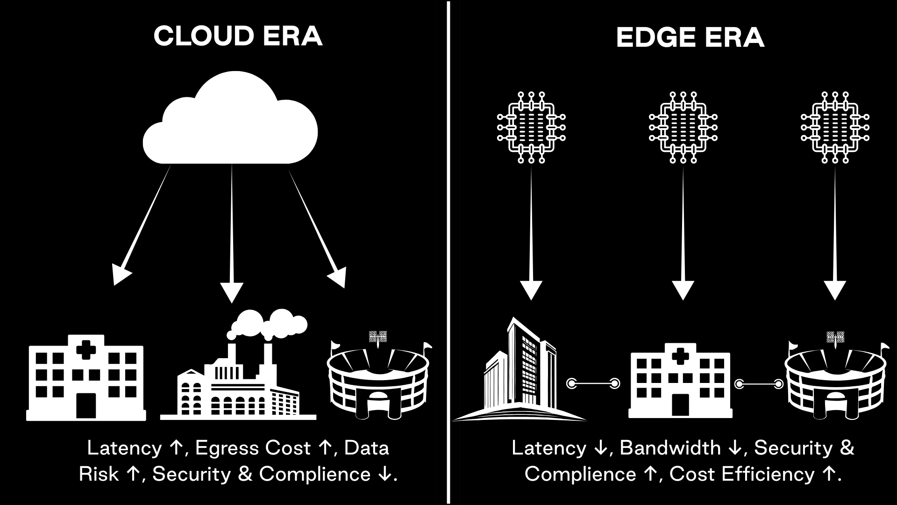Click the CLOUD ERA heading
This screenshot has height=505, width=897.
(x=238, y=36)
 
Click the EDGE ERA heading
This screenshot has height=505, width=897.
(x=690, y=37)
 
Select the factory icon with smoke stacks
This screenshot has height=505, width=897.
(x=238, y=374)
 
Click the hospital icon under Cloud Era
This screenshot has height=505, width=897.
(x=86, y=379)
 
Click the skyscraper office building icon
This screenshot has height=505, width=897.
(x=519, y=374)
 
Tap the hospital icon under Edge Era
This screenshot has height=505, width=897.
(x=680, y=381)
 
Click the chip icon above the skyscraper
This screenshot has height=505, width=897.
(x=531, y=127)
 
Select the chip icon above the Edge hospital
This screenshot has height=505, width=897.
(x=683, y=127)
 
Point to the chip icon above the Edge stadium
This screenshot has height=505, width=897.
(x=835, y=127)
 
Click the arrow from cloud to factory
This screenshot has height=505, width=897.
(x=232, y=234)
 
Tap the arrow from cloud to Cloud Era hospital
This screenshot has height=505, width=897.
(x=142, y=224)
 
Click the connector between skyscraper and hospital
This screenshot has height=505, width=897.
(x=593, y=384)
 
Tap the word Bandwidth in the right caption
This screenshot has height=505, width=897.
(x=670, y=448)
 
